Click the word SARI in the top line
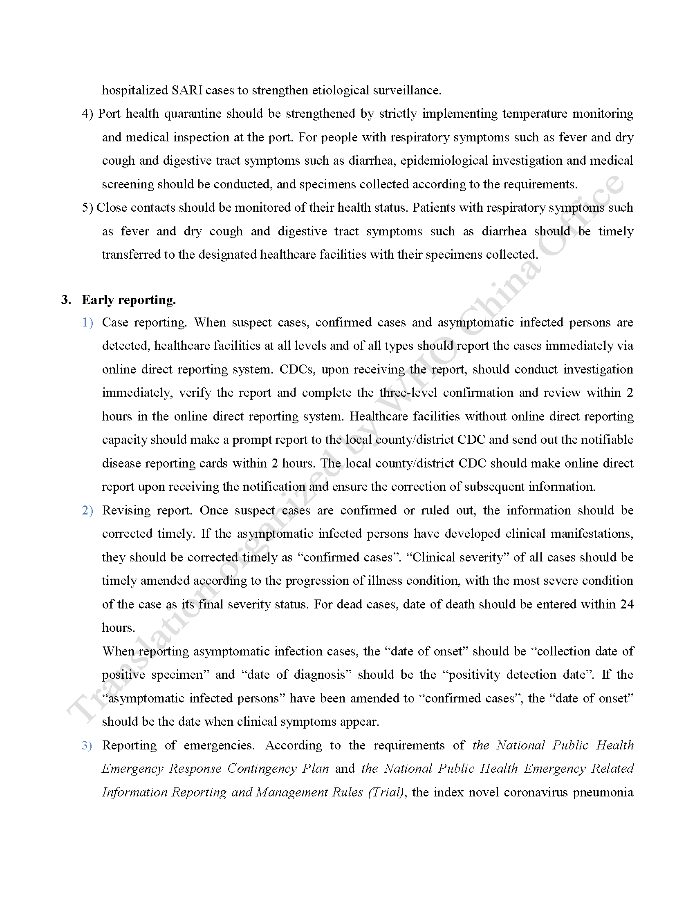pyautogui.click(x=187, y=90)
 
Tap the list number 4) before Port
pyautogui.click(x=88, y=114)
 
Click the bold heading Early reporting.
pyautogui.click(x=129, y=300)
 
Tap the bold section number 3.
pyautogui.click(x=66, y=300)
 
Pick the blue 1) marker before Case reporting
pyautogui.click(x=88, y=322)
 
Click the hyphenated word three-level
pyautogui.click(x=408, y=393)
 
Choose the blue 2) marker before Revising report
pyautogui.click(x=88, y=510)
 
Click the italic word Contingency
pyautogui.click(x=262, y=769)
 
